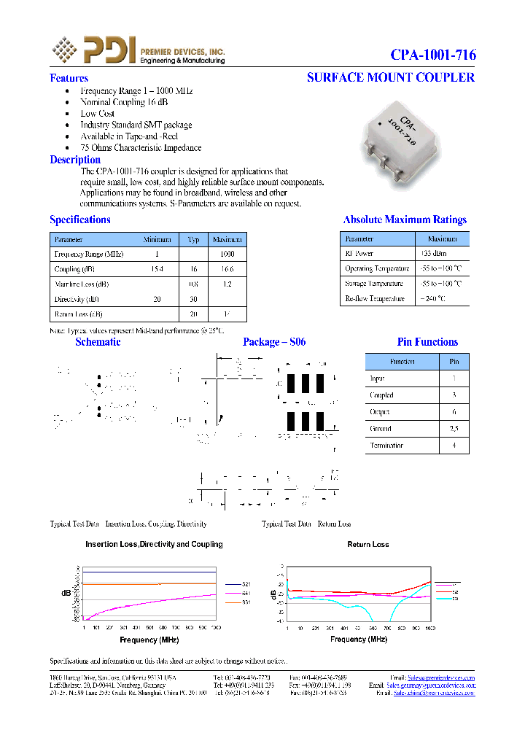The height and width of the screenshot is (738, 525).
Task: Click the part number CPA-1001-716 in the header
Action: click(x=433, y=55)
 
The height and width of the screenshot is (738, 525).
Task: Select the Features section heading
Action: click(x=69, y=78)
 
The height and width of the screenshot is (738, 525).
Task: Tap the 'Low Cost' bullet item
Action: click(x=97, y=114)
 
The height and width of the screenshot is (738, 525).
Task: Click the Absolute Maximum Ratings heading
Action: click(x=405, y=220)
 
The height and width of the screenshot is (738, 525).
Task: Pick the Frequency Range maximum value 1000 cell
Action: click(x=227, y=254)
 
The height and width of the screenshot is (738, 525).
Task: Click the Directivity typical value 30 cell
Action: click(x=193, y=300)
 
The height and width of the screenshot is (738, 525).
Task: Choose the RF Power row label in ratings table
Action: click(x=359, y=254)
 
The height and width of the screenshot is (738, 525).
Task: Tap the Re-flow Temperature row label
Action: click(x=374, y=299)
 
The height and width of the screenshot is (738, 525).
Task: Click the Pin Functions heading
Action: click(x=427, y=342)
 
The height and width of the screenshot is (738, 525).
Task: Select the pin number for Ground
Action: click(x=454, y=429)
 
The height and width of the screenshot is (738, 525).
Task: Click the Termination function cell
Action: click(x=386, y=446)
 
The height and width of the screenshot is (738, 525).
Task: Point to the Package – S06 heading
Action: click(x=274, y=342)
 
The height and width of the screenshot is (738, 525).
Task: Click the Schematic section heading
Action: click(x=98, y=342)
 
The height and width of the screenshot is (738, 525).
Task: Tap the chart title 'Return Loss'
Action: click(x=368, y=545)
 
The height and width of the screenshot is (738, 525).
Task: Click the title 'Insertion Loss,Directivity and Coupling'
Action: click(x=154, y=545)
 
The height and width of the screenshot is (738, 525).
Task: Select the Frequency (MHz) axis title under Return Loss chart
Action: click(x=359, y=640)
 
